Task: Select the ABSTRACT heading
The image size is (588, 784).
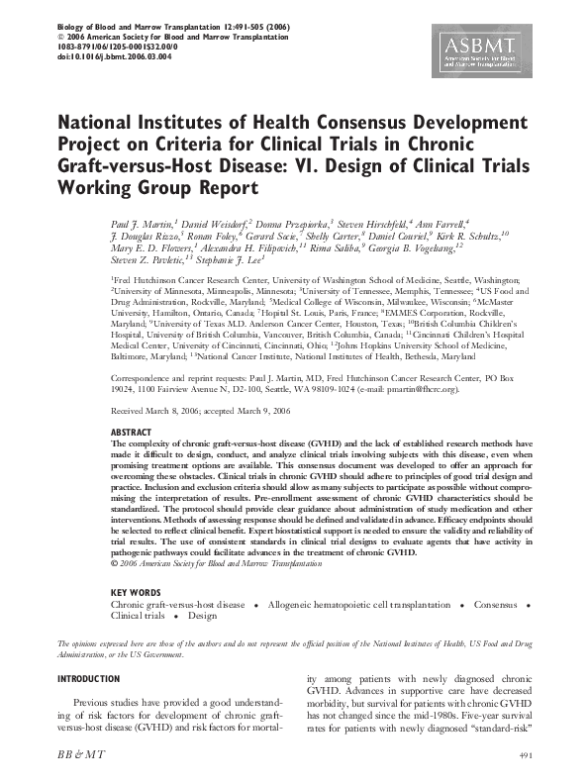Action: click(133, 432)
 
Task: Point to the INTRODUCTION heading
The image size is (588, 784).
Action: click(92, 679)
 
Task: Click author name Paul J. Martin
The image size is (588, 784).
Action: click(138, 227)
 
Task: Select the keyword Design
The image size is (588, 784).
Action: click(202, 615)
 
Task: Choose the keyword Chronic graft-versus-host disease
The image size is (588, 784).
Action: click(177, 603)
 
